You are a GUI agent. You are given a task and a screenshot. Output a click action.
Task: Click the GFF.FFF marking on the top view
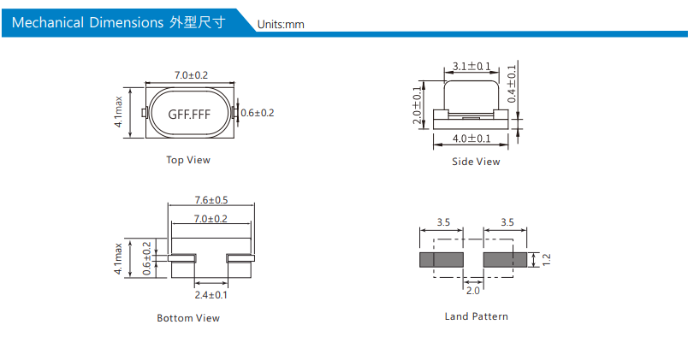(189, 114)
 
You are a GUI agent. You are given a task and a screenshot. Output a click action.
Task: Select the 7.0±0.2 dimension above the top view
(191, 75)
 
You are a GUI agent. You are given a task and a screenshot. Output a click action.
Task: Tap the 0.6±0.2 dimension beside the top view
(257, 113)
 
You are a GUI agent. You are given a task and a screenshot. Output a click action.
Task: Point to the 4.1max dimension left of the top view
(119, 112)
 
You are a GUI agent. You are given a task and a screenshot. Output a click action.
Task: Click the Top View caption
(188, 160)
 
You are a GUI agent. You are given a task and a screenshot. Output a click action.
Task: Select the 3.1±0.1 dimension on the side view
(472, 66)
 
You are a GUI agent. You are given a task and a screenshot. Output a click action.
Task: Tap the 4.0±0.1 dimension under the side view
(472, 139)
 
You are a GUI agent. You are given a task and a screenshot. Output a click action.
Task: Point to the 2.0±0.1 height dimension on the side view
(418, 106)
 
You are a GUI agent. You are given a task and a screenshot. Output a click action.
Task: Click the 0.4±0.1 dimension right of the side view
(512, 84)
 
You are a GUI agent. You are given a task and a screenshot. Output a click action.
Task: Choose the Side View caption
(476, 162)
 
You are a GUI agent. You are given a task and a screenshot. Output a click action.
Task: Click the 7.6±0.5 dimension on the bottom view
(211, 200)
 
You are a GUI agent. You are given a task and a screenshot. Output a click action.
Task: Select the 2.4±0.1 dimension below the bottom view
(211, 295)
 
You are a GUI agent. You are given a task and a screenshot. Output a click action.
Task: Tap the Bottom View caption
(188, 318)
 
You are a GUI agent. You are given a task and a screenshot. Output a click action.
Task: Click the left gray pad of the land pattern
(441, 259)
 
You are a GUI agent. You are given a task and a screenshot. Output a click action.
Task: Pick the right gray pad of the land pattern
(505, 259)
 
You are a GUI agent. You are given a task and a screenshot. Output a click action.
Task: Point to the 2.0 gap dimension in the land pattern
(472, 291)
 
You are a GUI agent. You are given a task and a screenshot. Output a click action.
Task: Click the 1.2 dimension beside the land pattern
(546, 259)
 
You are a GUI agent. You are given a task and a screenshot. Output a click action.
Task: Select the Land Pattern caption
(476, 316)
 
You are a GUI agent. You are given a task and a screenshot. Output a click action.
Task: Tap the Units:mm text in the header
(281, 24)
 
